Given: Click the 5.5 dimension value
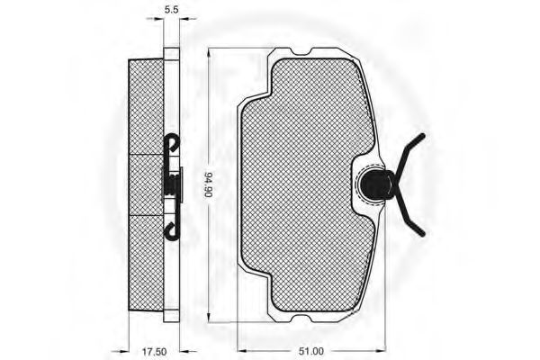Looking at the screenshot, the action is pos(171,10).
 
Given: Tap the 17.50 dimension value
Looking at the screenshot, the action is pos(154,352).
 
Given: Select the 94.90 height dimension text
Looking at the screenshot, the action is pos(208,185).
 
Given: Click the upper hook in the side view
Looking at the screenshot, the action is pos(173,142).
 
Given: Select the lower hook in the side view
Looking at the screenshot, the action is pos(173,230).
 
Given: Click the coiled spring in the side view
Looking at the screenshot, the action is pos(172,185).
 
